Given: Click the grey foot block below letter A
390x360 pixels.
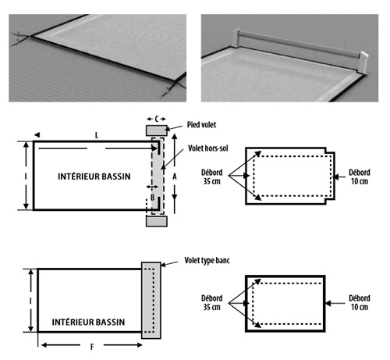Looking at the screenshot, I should [x=155, y=221].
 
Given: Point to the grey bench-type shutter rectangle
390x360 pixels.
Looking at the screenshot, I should [x=151, y=298].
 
